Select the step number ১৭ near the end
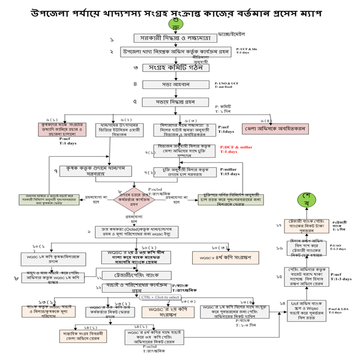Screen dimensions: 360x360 tap(279, 225)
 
